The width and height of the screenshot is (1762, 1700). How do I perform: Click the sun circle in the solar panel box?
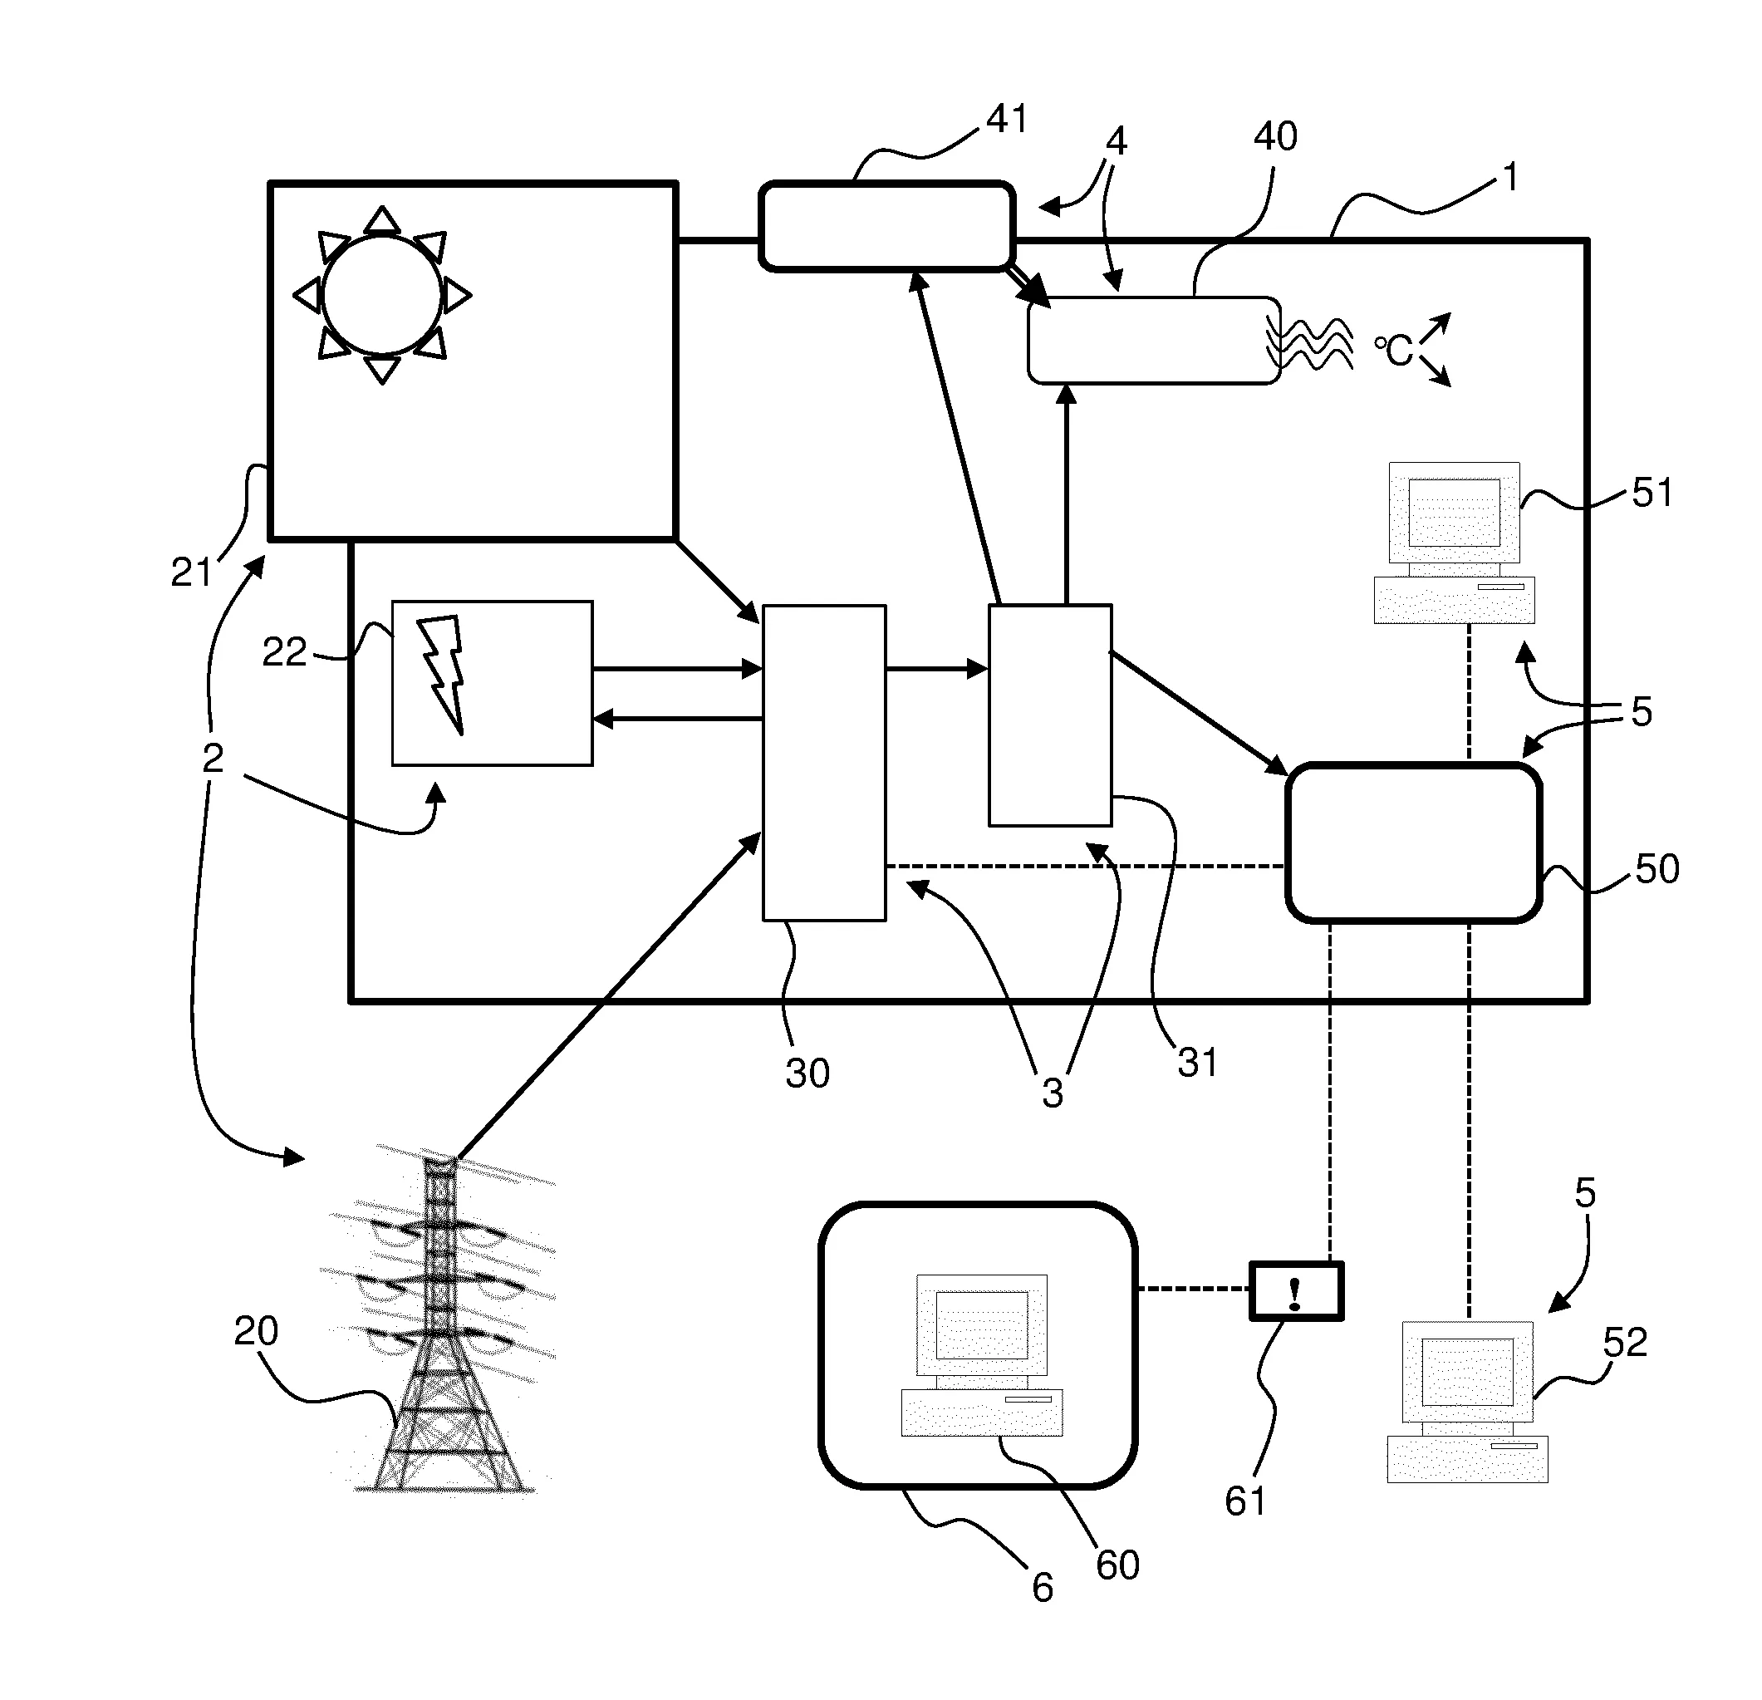point(382,295)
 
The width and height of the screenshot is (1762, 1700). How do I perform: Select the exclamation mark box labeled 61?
point(1295,1291)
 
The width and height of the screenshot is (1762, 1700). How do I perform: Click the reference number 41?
point(1006,119)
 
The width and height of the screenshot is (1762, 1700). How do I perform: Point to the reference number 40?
point(1274,136)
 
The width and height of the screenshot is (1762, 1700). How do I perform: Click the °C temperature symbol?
point(1394,351)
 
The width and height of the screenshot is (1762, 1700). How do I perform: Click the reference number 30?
point(807,1074)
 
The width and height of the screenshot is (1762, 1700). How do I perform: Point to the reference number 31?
point(1196,1063)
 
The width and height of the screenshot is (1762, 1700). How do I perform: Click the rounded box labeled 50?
point(1413,843)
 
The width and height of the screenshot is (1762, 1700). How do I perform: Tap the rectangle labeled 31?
point(1049,715)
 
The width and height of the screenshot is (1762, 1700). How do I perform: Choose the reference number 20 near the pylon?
point(255,1330)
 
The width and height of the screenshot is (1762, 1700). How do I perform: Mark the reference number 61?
point(1244,1501)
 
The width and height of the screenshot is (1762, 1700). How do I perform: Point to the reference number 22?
point(284,651)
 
